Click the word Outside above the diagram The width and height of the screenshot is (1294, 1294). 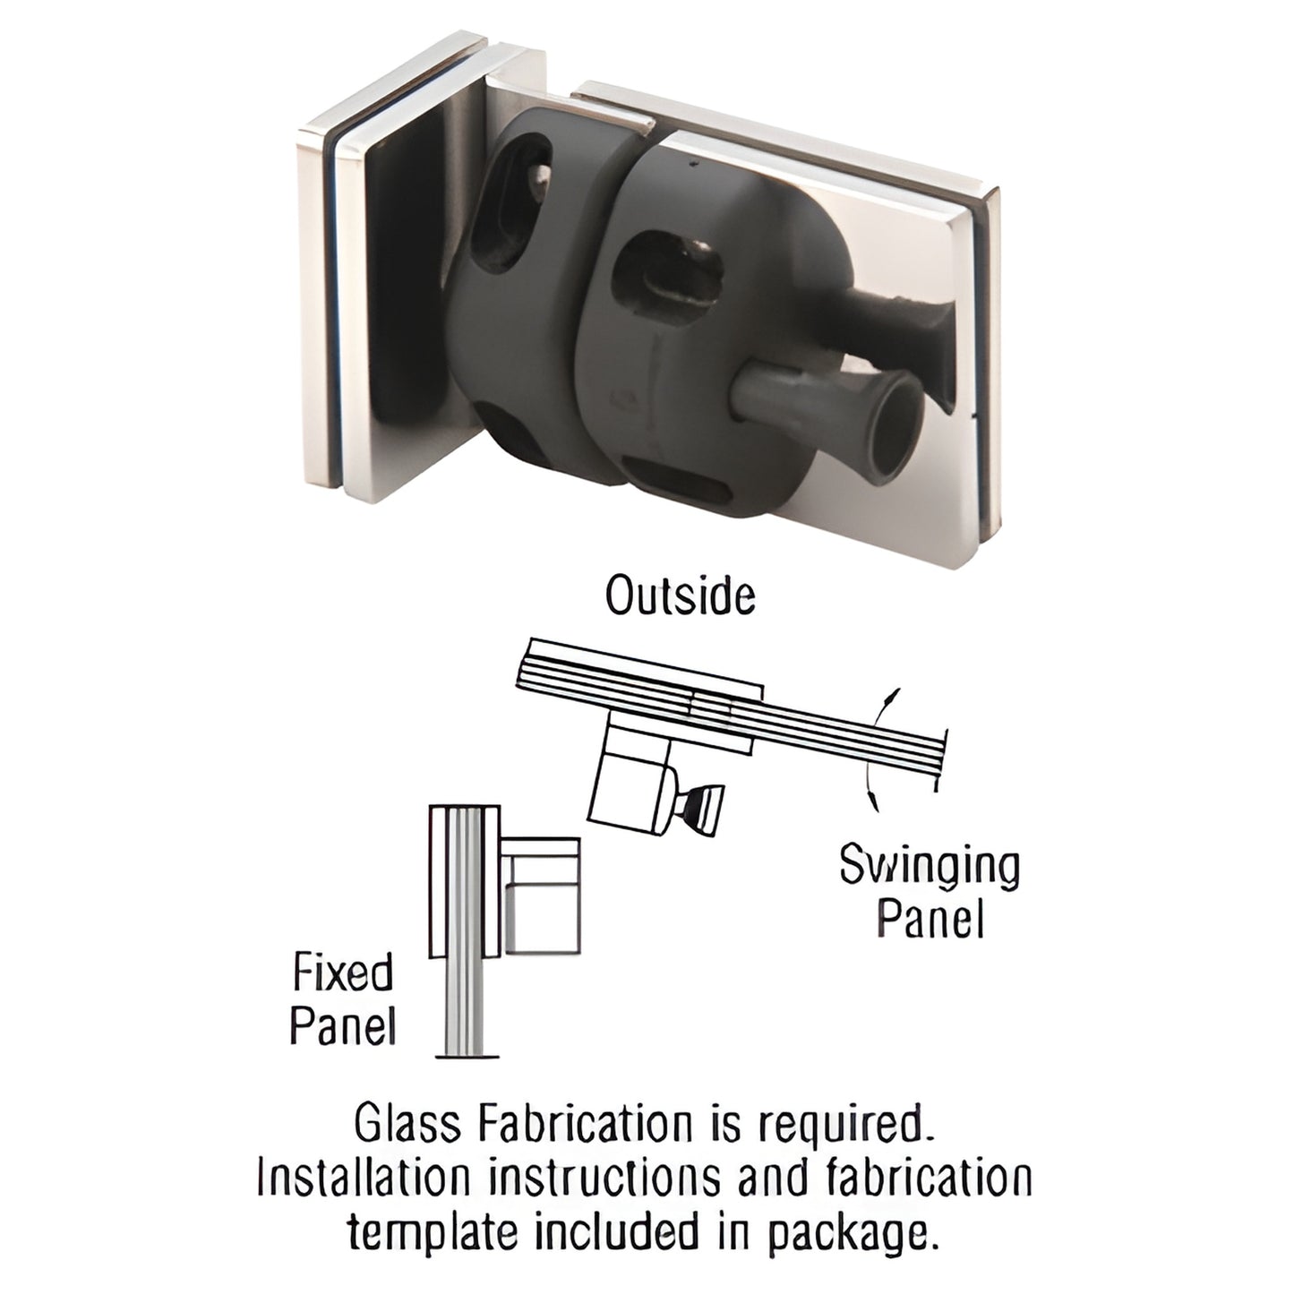680,596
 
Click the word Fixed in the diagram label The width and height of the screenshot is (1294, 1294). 343,973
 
